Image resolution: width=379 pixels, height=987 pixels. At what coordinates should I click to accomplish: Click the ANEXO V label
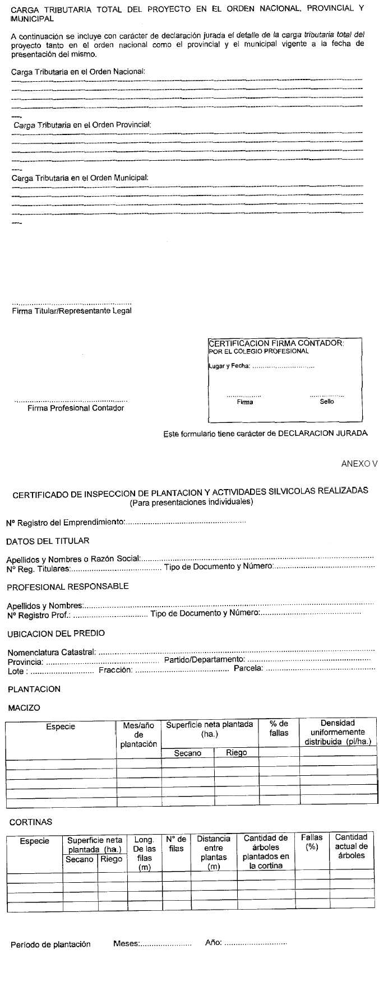[x=359, y=464]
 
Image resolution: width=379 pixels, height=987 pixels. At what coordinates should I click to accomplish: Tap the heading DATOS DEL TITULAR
[x=48, y=541]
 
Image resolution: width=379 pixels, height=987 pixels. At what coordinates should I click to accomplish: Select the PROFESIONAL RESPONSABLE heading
[x=68, y=586]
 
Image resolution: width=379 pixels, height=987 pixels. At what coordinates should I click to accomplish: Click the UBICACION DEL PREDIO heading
[x=56, y=634]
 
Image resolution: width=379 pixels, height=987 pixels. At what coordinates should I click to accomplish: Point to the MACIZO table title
[x=24, y=708]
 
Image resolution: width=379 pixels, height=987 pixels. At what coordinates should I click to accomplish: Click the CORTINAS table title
[x=31, y=822]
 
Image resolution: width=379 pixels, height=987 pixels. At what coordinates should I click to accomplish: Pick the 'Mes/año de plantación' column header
[x=138, y=734]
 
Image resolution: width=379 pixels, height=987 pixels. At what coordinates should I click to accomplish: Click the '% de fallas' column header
[x=279, y=728]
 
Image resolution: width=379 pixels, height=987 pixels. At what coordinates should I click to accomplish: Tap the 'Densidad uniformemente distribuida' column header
[x=338, y=732]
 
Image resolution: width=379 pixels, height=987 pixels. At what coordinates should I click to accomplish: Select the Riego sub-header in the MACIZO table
[x=236, y=753]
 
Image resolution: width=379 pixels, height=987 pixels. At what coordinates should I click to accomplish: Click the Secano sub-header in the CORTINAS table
[x=80, y=859]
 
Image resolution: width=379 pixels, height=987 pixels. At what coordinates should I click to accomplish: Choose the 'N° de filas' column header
[x=176, y=844]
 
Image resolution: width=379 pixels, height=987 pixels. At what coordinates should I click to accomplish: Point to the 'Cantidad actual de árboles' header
[x=352, y=846]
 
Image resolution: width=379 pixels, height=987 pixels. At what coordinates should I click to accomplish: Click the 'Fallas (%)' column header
[x=312, y=842]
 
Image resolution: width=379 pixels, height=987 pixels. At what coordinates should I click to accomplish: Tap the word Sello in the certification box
[x=327, y=402]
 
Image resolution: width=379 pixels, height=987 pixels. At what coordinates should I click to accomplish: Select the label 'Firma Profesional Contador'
[x=76, y=408]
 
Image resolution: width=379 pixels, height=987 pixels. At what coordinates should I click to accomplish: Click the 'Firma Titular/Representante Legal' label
[x=72, y=311]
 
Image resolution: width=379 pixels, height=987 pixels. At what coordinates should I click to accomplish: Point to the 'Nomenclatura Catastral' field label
[x=52, y=653]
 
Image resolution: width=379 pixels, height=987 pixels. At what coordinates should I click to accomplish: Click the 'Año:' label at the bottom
[x=214, y=943]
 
